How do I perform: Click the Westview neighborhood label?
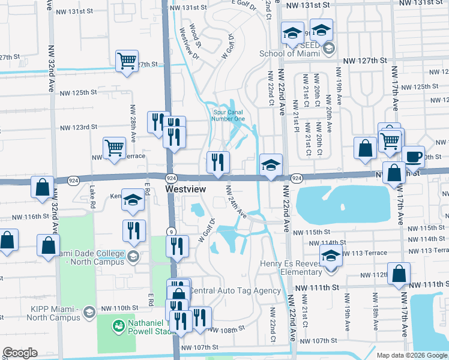click(x=185, y=189)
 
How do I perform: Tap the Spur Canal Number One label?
click(x=228, y=115)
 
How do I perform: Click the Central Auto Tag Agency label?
click(x=235, y=291)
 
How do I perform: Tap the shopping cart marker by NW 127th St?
click(x=127, y=61)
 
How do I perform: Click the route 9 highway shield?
click(x=171, y=231)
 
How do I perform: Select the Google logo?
click(x=20, y=353)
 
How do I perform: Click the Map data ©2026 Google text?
click(x=412, y=355)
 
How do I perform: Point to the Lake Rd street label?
click(x=92, y=192)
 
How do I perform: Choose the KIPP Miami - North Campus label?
click(x=40, y=313)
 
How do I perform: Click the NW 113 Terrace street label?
click(x=423, y=250)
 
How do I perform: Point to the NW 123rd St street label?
click(x=78, y=127)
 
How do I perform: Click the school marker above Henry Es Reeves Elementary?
click(x=331, y=255)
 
